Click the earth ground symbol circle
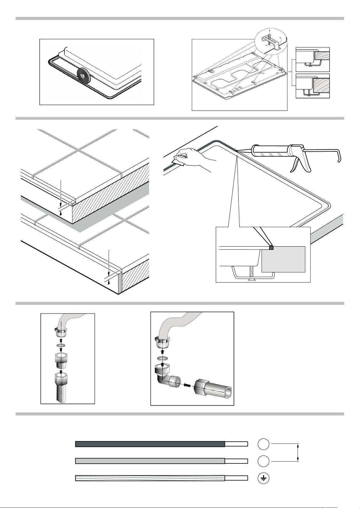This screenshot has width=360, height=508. pyautogui.click(x=263, y=478)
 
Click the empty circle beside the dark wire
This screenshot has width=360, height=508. pyautogui.click(x=263, y=444)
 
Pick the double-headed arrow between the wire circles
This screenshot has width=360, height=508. pyautogui.click(x=298, y=452)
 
